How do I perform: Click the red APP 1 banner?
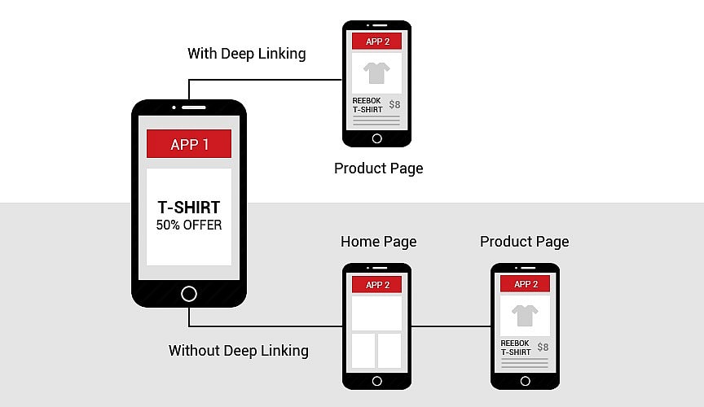pos(189,143)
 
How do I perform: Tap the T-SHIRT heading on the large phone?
pos(189,208)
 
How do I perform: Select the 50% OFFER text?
pos(189,225)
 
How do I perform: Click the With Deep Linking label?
pos(247,54)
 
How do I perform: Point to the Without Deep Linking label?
pos(239,351)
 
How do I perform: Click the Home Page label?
pos(379,242)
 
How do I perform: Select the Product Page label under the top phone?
pos(379,168)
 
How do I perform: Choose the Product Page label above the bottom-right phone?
pos(525,242)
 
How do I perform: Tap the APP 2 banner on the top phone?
pos(376,42)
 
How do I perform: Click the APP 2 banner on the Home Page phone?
pos(376,285)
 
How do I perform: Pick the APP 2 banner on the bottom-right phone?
pos(525,283)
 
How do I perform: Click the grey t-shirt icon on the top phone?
pos(376,72)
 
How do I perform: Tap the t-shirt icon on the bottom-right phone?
pos(525,316)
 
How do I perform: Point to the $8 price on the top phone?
pos(394,104)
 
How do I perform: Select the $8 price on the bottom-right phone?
pos(543,347)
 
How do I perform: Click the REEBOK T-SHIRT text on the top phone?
pos(367,105)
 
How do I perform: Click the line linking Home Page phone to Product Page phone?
pos(451,326)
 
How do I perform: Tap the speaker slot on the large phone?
pos(193,107)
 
